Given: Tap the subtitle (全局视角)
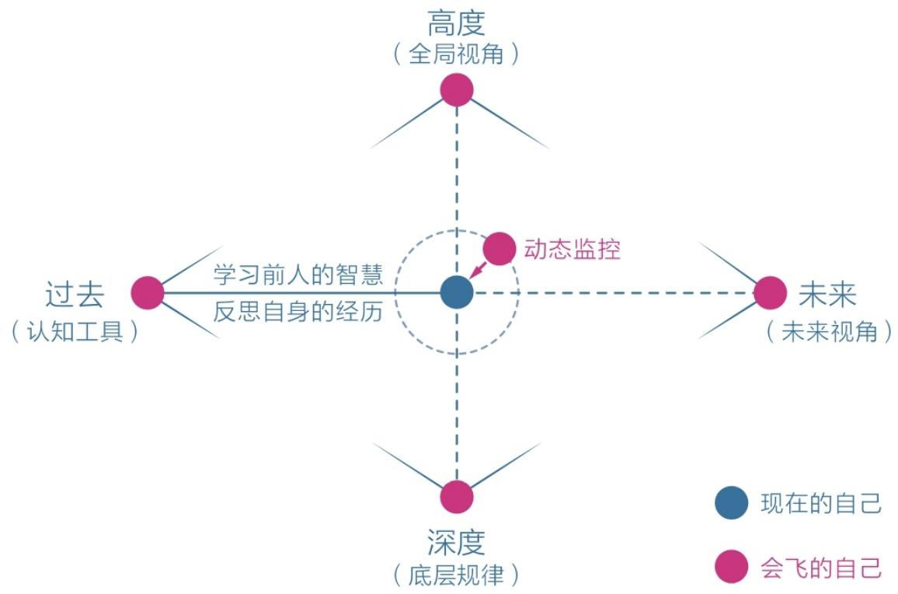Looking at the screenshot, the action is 457,54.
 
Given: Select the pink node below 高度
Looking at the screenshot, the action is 457,90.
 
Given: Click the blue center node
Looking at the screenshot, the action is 457,292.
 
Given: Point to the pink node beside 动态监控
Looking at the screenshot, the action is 499,249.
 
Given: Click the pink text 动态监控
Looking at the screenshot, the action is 573,250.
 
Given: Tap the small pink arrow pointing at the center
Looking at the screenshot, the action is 479,270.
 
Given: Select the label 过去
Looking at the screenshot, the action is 75,295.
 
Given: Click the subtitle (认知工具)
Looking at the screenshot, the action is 75,331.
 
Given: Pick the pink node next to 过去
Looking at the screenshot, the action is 148,293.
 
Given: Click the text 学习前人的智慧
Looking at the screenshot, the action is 298,274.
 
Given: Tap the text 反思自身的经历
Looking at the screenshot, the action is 298,312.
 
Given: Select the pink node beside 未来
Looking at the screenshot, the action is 771,293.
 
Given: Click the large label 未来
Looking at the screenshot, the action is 827,295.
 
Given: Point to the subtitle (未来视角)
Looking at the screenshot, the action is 830,331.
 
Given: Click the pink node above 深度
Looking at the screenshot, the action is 457,497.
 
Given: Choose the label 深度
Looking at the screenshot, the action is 457,542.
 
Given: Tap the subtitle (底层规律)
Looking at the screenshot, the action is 457,575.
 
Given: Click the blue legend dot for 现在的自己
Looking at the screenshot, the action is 731,503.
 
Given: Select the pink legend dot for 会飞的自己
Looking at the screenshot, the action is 731,567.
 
